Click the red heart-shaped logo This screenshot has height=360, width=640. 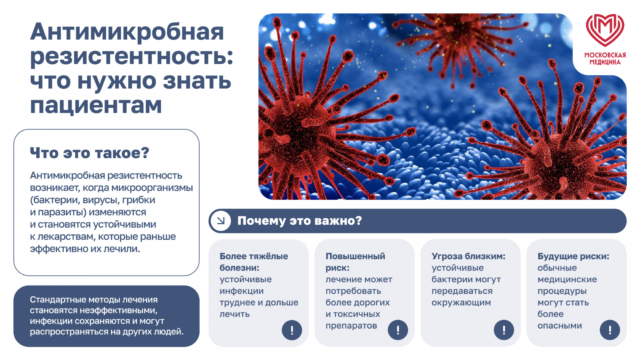pos(605,30)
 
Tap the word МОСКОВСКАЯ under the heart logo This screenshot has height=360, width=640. pos(605,55)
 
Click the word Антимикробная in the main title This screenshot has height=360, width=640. pos(127,32)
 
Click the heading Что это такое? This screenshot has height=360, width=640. pos(89,153)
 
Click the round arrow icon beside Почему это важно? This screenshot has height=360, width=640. pos(220,221)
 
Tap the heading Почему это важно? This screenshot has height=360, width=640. pos(299,221)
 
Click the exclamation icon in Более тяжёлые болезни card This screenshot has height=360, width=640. pos(292,330)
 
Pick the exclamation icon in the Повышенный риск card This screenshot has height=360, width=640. pos(398,330)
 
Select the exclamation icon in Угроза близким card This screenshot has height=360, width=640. pos(504,330)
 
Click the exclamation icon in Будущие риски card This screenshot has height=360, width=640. pos(610,330)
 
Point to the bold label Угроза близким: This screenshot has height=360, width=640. pos(468,256)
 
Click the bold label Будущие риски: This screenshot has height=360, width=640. pos(573,256)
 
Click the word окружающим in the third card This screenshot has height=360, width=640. pos(461,303)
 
